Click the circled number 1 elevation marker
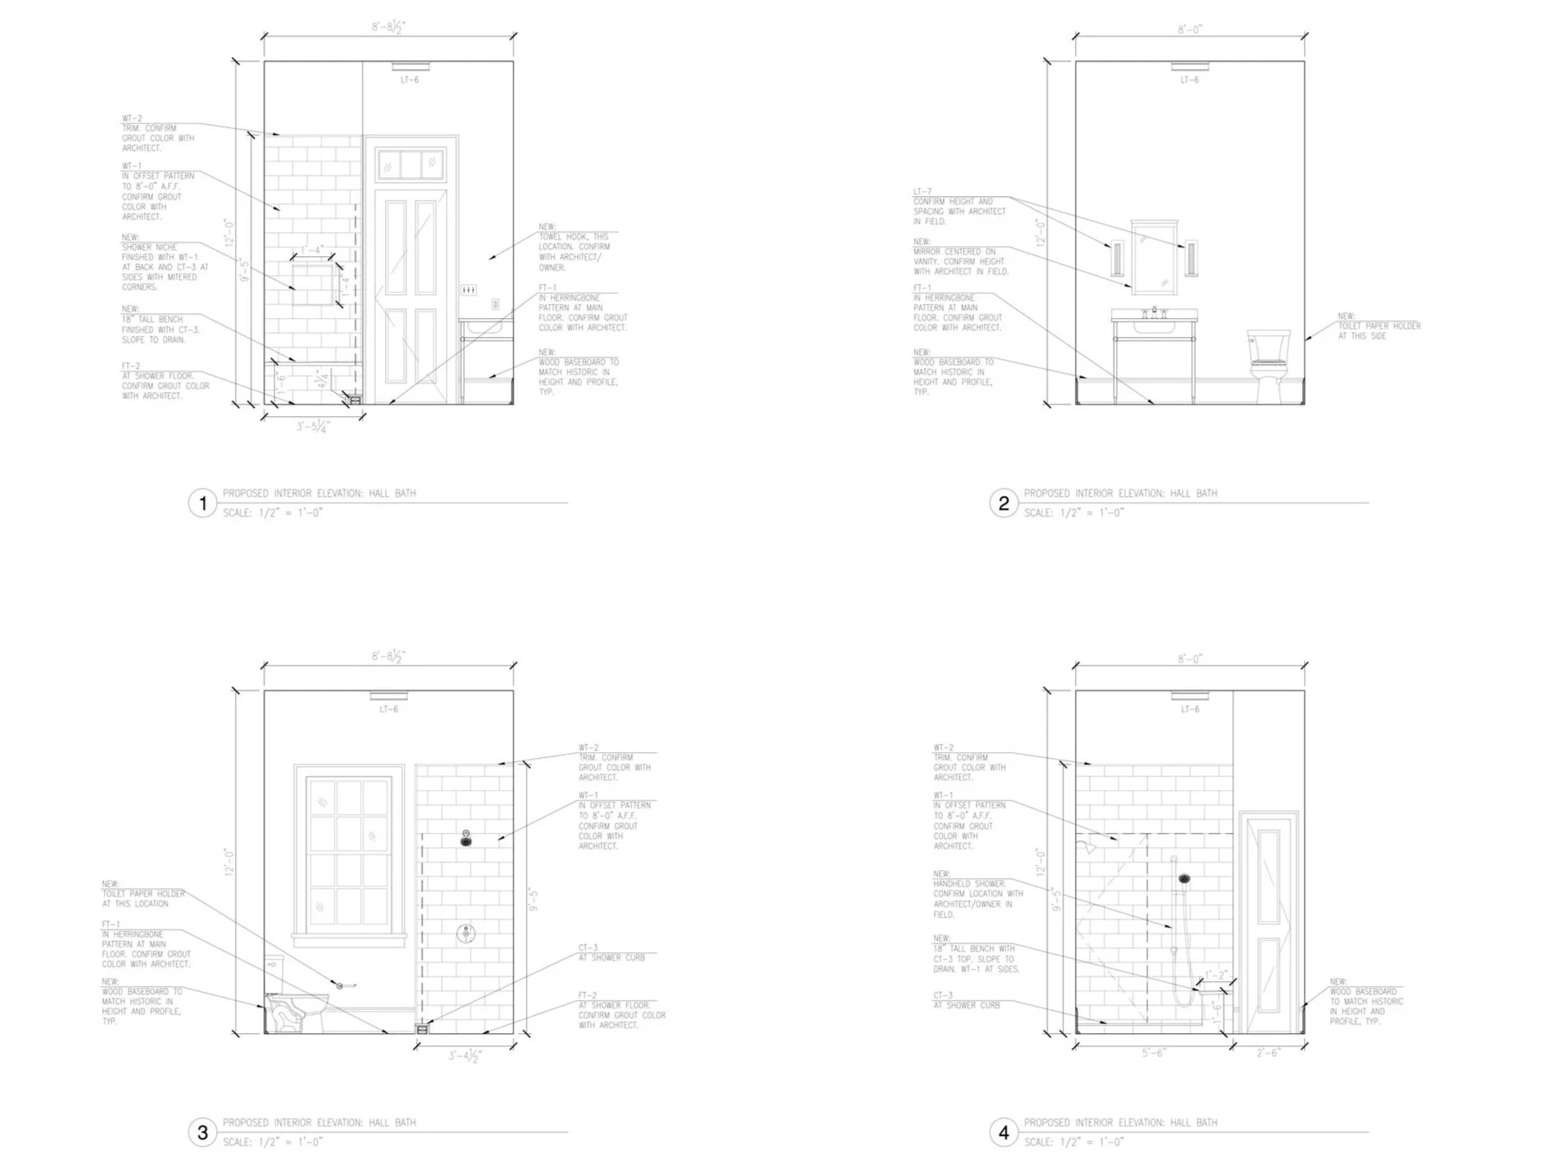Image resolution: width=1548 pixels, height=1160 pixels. pyautogui.click(x=203, y=503)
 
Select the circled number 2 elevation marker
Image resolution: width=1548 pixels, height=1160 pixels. pyautogui.click(x=1003, y=503)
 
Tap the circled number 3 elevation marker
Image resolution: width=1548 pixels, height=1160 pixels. pyautogui.click(x=203, y=1132)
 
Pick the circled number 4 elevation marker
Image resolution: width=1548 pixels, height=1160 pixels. pyautogui.click(x=1003, y=1132)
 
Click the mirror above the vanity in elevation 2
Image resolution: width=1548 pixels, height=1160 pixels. pyautogui.click(x=1154, y=257)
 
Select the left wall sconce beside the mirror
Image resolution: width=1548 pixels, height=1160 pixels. pyautogui.click(x=1117, y=258)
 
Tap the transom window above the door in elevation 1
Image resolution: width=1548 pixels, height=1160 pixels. pyautogui.click(x=410, y=165)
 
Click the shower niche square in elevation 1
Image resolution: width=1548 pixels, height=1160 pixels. pyautogui.click(x=312, y=284)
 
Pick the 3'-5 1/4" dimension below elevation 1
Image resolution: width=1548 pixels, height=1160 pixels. pyautogui.click(x=313, y=428)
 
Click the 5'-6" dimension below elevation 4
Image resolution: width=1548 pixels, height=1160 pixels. pyautogui.click(x=1153, y=1053)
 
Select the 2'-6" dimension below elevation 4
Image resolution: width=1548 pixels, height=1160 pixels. pyautogui.click(x=1268, y=1053)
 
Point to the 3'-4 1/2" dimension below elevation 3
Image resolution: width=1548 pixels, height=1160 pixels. pyautogui.click(x=465, y=1055)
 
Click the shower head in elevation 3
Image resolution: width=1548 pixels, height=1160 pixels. pyautogui.click(x=466, y=839)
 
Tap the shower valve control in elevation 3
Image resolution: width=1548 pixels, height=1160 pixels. pyautogui.click(x=466, y=933)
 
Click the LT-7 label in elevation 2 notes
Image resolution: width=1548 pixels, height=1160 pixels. pyautogui.click(x=922, y=191)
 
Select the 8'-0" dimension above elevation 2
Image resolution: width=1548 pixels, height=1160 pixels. pyautogui.click(x=1189, y=30)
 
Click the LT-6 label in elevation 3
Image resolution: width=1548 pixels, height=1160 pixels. pyautogui.click(x=388, y=709)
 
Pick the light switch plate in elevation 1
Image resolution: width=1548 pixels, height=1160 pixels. pyautogui.click(x=468, y=290)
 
